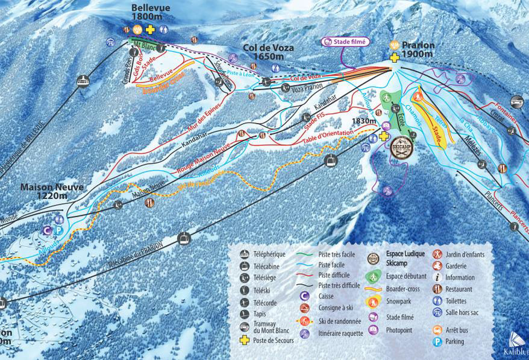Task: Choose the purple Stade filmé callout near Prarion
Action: (x=345, y=42)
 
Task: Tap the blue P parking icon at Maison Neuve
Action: (x=58, y=230)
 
